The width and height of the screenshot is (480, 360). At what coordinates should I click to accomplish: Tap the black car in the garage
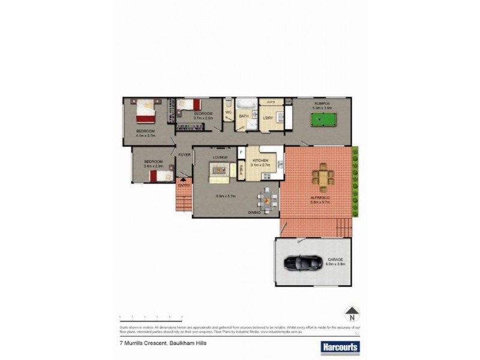pos(302,262)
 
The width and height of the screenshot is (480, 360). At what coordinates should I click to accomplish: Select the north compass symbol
pos(352,314)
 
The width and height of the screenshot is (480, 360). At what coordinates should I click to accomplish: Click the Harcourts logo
pos(340,347)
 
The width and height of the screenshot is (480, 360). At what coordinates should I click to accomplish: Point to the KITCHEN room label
pos(260,161)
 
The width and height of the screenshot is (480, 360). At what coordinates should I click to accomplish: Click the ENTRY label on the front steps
pos(184,185)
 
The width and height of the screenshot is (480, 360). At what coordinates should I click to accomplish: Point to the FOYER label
pos(184,155)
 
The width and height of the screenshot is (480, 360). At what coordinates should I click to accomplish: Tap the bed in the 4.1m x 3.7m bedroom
pos(146,111)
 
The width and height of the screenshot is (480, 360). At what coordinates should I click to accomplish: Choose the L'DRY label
pos(268,118)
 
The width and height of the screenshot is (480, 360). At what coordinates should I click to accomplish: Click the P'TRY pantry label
pos(242,169)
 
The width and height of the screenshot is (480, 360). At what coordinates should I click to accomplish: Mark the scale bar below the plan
pos(151,316)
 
